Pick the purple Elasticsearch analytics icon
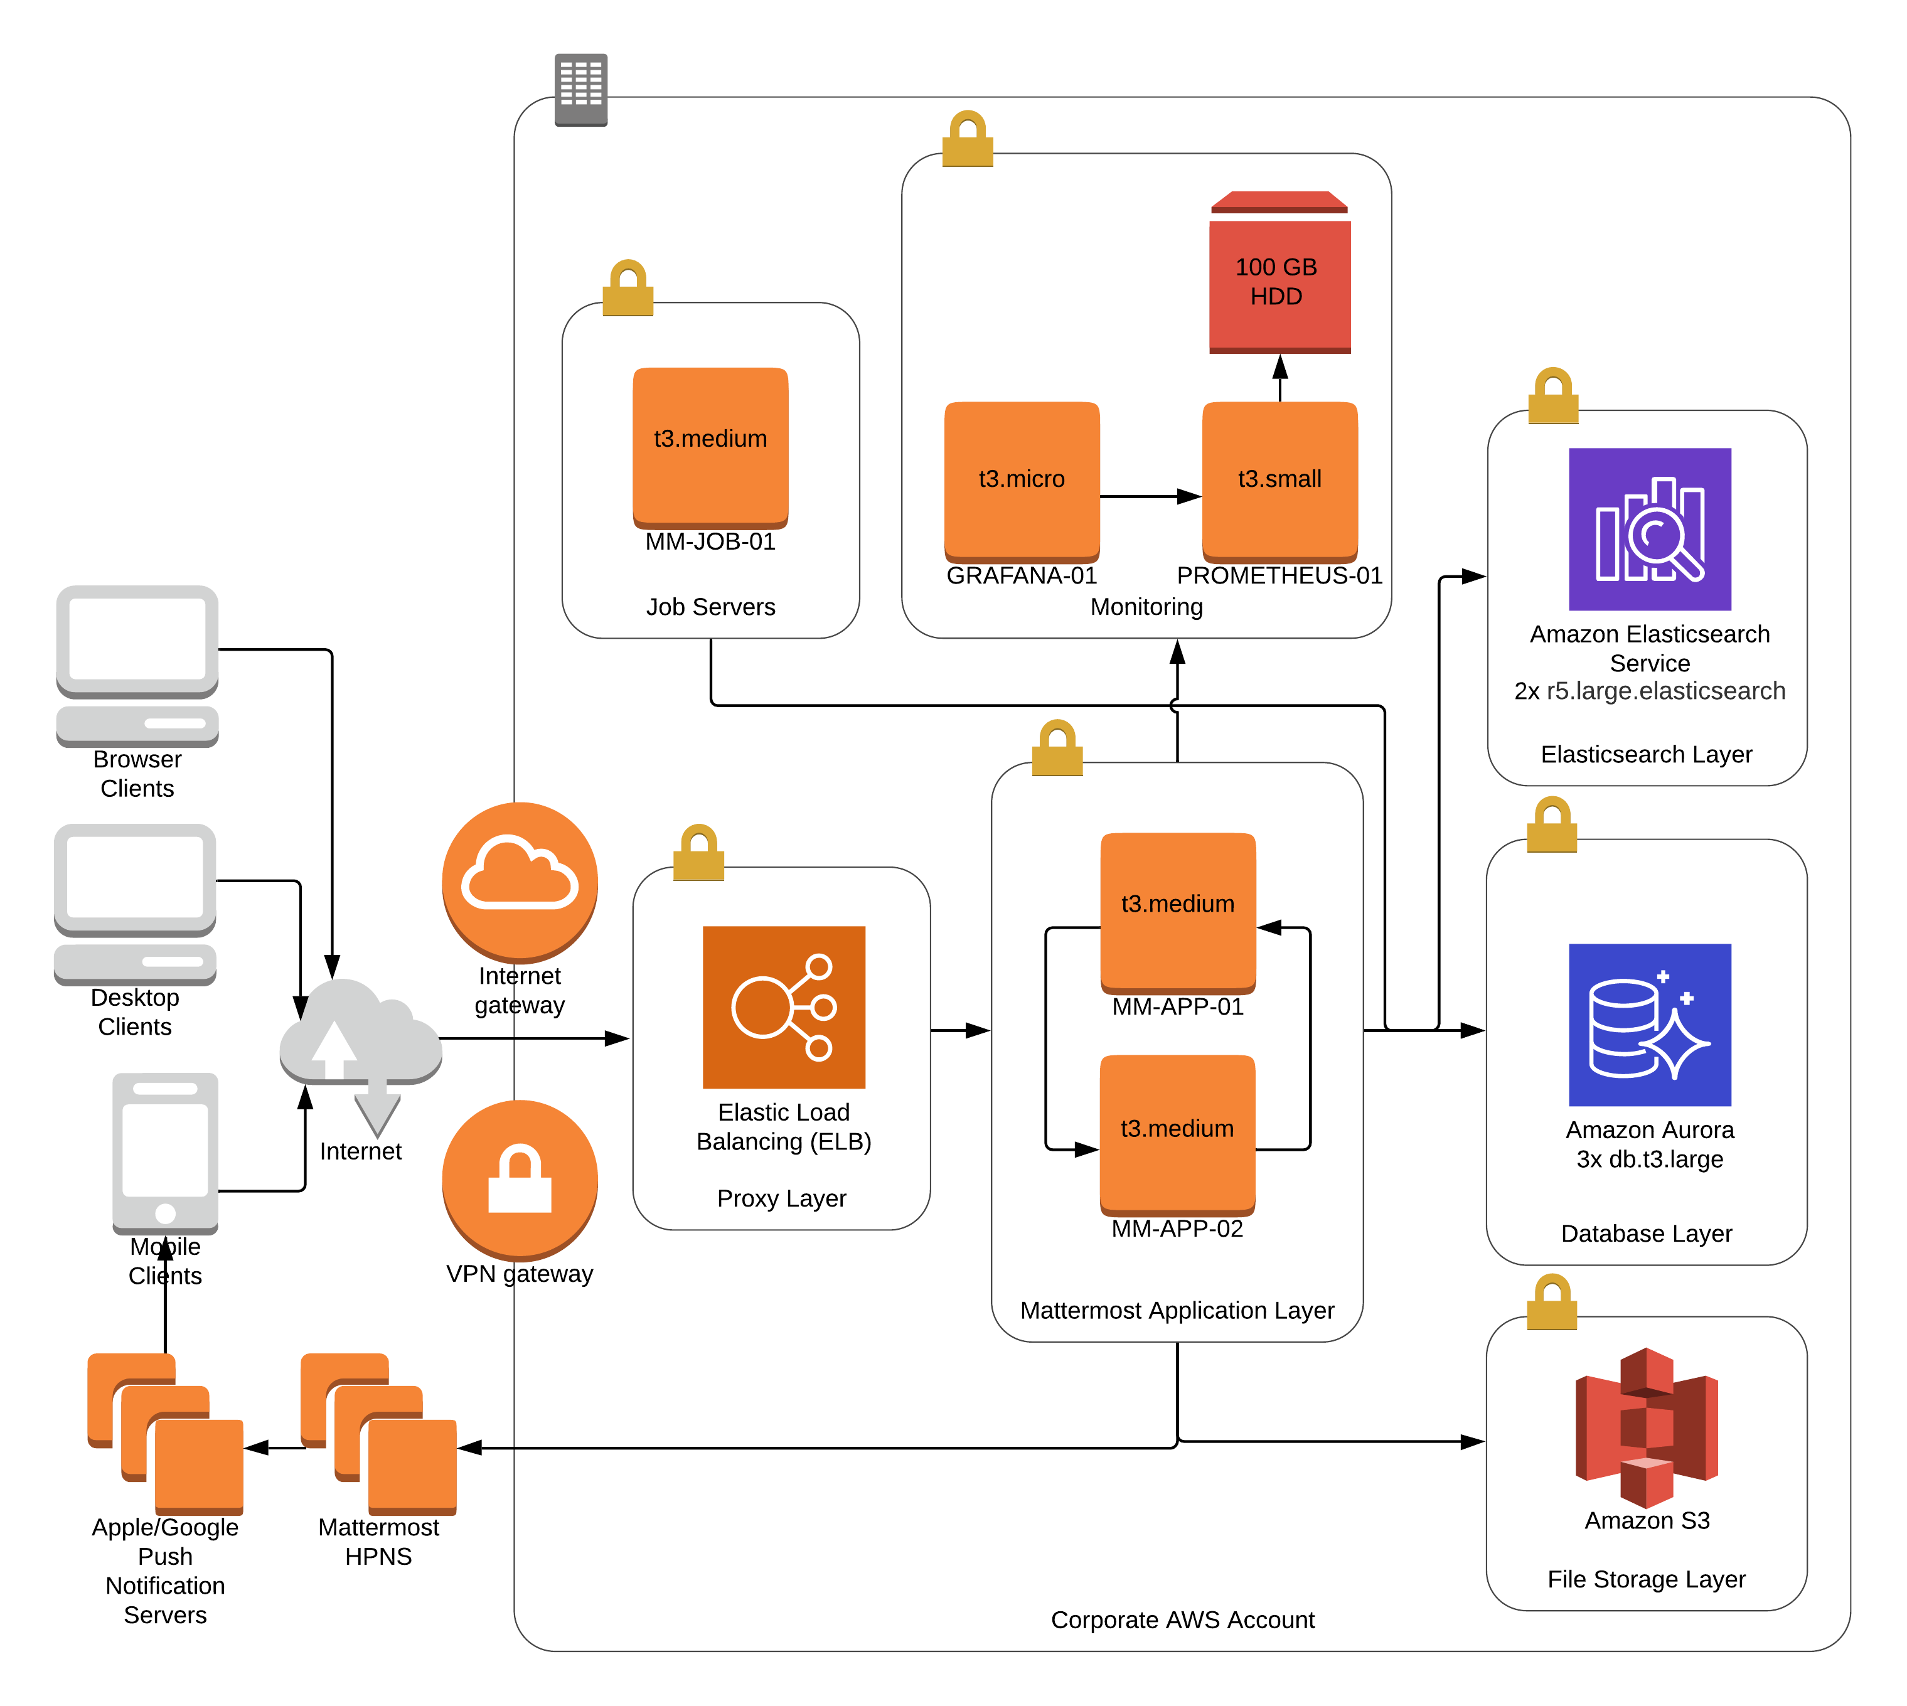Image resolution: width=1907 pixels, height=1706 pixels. (1649, 530)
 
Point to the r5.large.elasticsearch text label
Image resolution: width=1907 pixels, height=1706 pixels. (1665, 691)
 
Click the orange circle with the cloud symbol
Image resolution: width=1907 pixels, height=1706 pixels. (520, 881)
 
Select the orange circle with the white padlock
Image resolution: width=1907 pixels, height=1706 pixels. (520, 1179)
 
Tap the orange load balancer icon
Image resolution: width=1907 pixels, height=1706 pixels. (784, 1007)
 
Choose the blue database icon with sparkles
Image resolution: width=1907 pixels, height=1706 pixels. (1649, 1025)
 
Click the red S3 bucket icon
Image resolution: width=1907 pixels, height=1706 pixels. (1647, 1427)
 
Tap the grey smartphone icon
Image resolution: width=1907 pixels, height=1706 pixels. (165, 1154)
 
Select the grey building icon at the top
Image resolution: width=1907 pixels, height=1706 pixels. (581, 89)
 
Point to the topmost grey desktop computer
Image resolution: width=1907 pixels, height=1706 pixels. (137, 666)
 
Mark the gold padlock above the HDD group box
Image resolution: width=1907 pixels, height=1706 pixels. (968, 139)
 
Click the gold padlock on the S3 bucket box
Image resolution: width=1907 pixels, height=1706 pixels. (1552, 1301)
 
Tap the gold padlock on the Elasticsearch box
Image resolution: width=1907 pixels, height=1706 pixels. (1552, 395)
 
